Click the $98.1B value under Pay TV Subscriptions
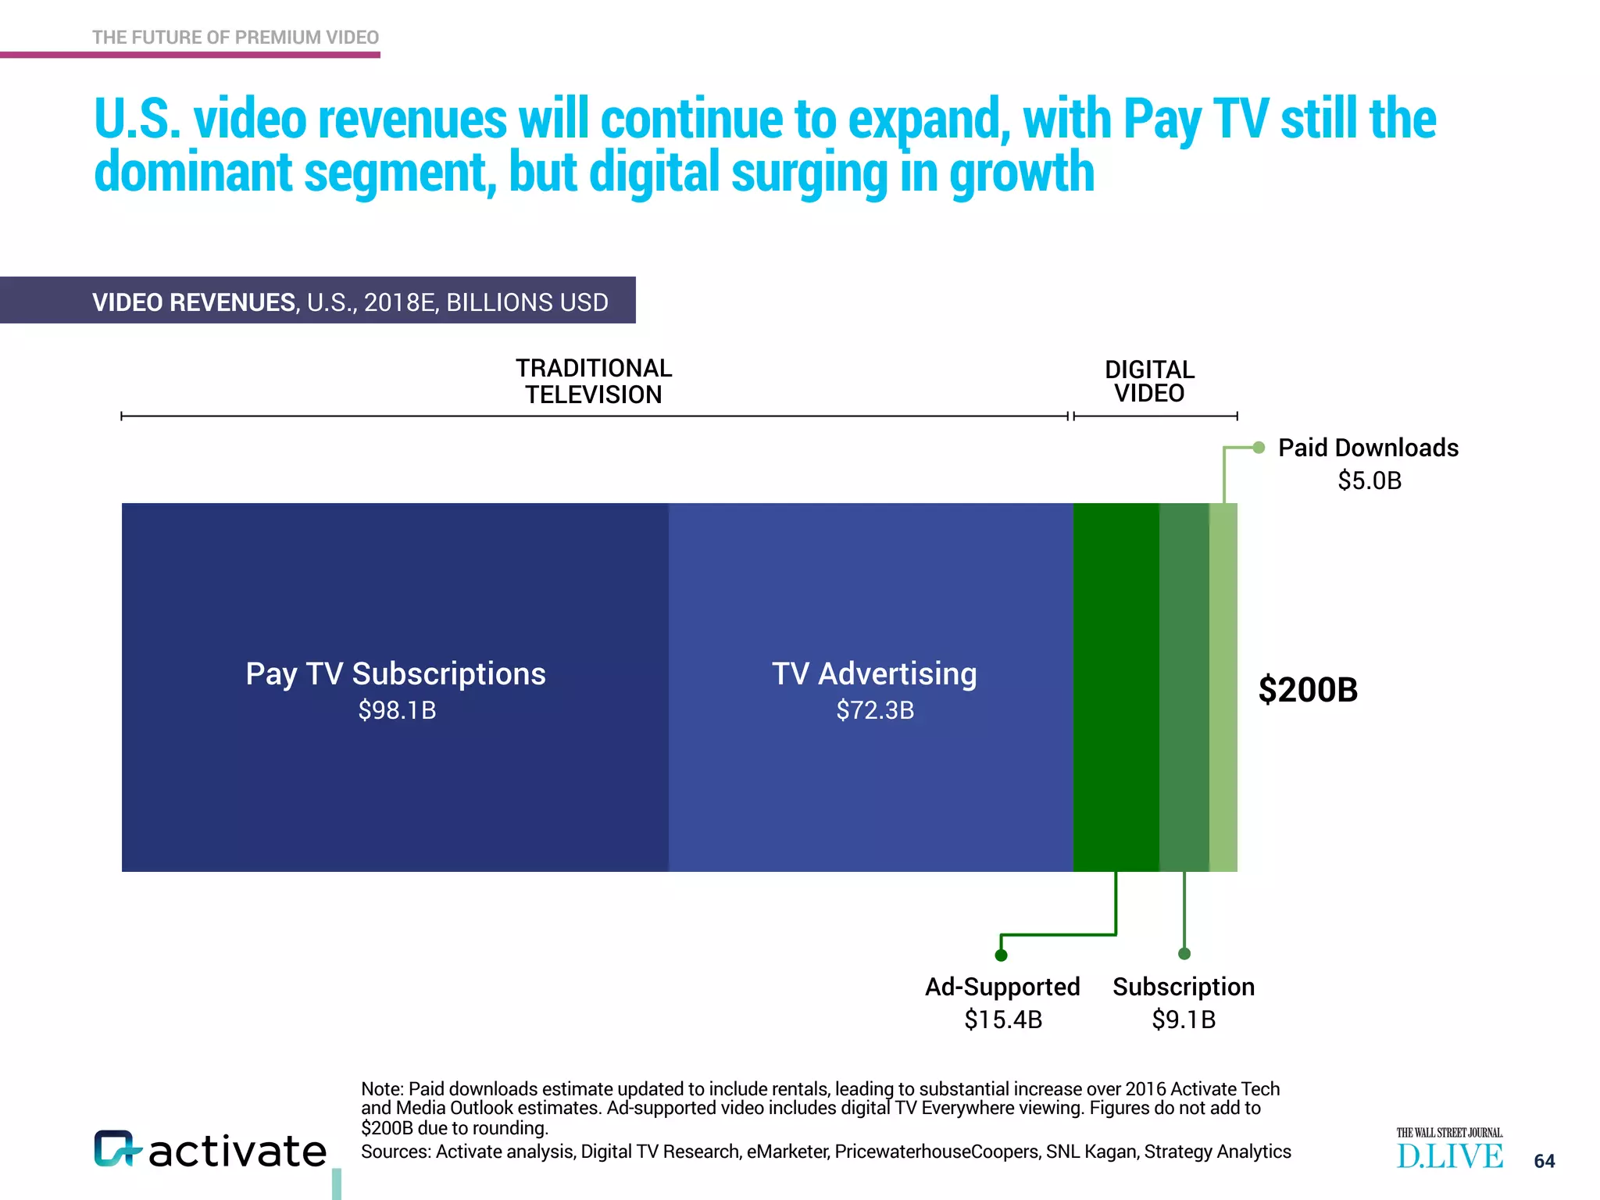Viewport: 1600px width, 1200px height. [x=397, y=710]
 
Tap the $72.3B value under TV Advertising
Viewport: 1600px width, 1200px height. [x=875, y=710]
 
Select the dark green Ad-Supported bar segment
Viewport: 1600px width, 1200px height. [x=1116, y=687]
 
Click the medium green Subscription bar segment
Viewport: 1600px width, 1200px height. [x=1184, y=687]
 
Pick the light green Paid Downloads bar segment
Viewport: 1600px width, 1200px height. [x=1223, y=687]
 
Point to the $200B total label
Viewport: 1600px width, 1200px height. [x=1308, y=690]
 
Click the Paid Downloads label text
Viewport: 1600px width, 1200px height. [x=1368, y=448]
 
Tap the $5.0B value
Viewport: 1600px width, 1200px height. [x=1370, y=480]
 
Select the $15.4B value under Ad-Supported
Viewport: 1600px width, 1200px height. [x=1003, y=1020]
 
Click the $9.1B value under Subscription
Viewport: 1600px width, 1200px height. [x=1184, y=1020]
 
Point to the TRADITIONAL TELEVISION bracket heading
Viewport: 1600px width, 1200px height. [x=594, y=381]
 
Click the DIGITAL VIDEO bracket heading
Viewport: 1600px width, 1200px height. [x=1149, y=381]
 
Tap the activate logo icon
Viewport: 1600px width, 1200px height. [x=116, y=1148]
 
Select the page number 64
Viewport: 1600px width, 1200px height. [x=1544, y=1161]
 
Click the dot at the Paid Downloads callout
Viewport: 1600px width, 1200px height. [x=1259, y=448]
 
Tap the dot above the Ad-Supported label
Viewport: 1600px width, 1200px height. [x=1001, y=955]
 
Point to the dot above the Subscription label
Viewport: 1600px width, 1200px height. [x=1184, y=953]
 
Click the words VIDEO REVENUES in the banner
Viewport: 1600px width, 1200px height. [x=194, y=302]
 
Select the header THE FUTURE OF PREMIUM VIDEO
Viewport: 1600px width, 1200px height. [x=235, y=37]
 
